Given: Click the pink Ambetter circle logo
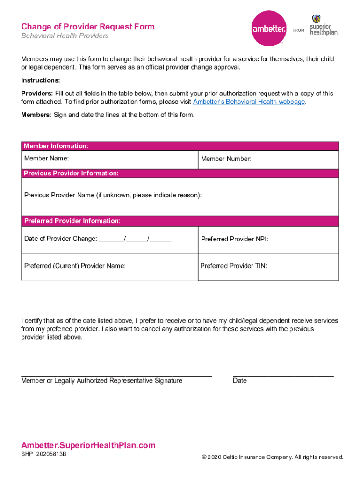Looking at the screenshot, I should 269,29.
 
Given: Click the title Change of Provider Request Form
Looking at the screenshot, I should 88,27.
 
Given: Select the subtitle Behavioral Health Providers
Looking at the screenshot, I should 65,36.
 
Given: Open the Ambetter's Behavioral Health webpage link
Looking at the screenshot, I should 249,102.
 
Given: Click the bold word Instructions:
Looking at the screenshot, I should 40,80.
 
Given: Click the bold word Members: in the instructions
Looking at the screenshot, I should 36,115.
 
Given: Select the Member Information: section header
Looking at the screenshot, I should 56,146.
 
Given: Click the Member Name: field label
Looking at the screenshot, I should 46,159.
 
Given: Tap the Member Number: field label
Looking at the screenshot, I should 226,159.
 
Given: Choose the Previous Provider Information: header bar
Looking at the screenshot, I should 71,174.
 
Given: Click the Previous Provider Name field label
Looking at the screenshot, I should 113,195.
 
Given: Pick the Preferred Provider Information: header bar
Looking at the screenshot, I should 72,221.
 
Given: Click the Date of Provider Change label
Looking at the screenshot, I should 60,239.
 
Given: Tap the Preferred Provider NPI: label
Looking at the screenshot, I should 234,239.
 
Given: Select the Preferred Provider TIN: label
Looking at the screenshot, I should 234,266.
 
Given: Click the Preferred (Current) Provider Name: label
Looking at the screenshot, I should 75,266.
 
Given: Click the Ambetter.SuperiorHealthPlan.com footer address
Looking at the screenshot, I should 88,445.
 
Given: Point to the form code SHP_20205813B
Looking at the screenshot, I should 43,454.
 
